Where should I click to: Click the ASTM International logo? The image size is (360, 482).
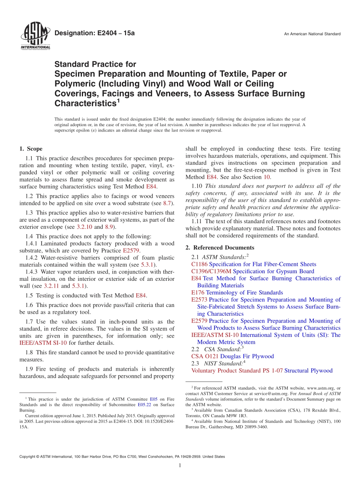coord(35,36)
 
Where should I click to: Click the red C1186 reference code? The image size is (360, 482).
coord(199,264)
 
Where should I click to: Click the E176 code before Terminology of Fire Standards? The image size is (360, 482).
coord(198,293)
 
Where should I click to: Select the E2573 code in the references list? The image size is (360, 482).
coord(199,300)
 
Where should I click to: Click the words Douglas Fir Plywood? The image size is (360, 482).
coord(247,357)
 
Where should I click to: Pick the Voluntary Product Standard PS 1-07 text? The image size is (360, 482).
coord(237,371)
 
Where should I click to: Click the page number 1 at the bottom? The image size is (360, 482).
coord(180,465)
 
